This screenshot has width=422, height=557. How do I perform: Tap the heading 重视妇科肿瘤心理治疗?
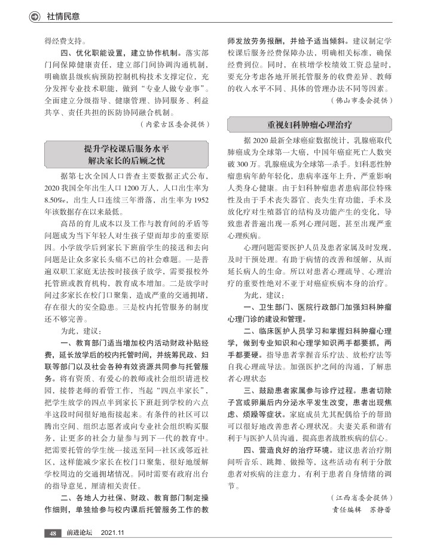(310, 125)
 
